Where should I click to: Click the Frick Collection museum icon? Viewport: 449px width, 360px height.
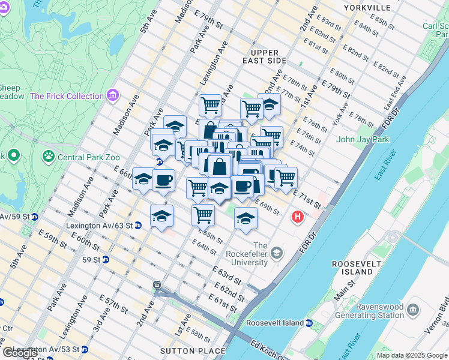[112, 95]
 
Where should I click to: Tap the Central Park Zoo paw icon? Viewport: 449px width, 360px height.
[48, 157]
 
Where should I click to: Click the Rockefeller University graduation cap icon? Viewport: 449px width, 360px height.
[276, 252]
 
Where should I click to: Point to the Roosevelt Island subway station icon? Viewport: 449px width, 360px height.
[309, 323]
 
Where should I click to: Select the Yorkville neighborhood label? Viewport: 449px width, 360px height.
[367, 8]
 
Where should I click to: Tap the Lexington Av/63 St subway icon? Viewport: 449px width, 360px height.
[138, 226]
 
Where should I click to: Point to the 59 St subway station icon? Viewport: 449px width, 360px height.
[106, 260]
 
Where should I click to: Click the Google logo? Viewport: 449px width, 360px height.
[20, 353]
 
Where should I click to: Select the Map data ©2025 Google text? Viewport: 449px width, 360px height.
[412, 355]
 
